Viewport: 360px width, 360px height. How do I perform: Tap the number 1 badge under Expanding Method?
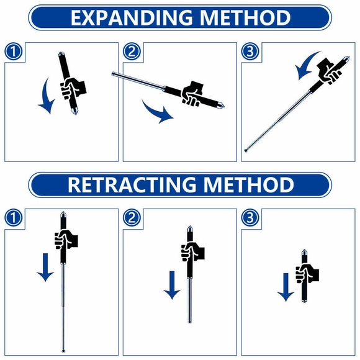14,52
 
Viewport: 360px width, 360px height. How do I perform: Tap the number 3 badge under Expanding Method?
250,52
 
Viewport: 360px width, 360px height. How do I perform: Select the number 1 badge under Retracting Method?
14,218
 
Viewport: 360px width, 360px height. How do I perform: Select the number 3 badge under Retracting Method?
250,218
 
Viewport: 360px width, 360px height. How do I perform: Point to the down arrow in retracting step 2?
172,285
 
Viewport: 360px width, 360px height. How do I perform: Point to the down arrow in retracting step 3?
285,287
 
